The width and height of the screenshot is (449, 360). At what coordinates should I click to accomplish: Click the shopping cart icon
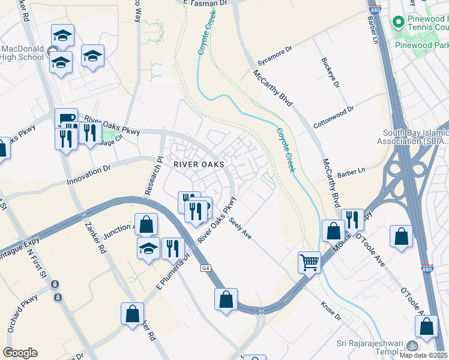tap(309, 262)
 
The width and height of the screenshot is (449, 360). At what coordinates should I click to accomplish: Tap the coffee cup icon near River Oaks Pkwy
tap(65, 117)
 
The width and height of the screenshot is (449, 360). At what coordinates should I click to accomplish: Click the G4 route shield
tap(205, 268)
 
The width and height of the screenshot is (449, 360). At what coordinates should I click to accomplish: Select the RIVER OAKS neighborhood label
tap(199, 164)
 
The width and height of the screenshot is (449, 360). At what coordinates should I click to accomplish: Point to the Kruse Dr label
tap(330, 310)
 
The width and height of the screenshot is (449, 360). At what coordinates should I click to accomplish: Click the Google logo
tap(20, 353)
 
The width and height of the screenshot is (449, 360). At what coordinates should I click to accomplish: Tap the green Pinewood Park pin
tap(397, 22)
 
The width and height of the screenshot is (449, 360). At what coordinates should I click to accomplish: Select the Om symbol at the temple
tap(412, 346)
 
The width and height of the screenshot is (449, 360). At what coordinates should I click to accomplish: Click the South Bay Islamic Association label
tap(415, 137)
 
